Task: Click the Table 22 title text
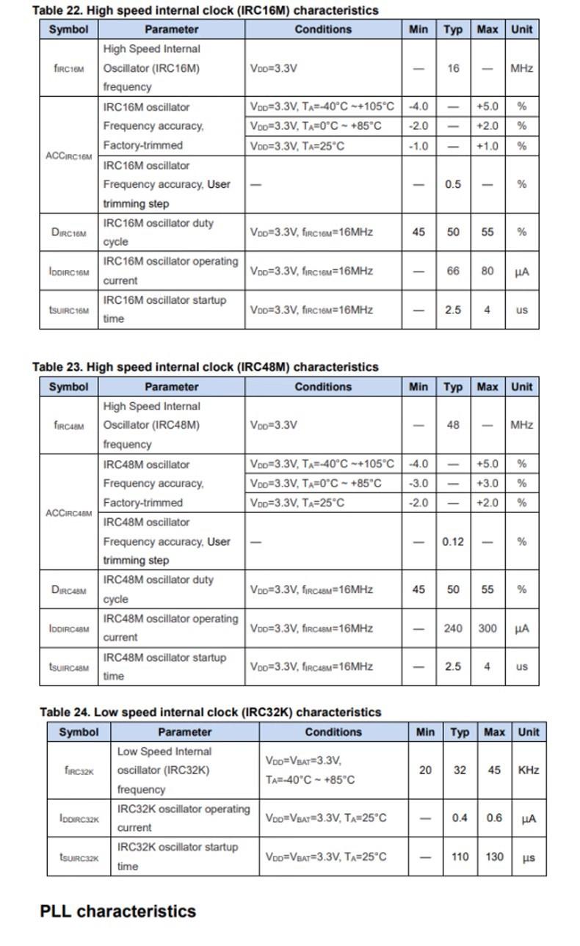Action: [x=206, y=10]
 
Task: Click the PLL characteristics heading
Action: [x=117, y=911]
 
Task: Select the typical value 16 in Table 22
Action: [x=453, y=68]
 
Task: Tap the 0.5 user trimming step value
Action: [x=453, y=184]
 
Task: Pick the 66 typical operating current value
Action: [x=453, y=271]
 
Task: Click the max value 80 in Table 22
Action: [x=487, y=271]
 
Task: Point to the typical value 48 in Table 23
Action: [x=453, y=425]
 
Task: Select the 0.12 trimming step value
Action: [x=453, y=542]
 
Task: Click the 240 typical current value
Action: [x=453, y=628]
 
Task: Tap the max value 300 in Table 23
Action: [x=487, y=628]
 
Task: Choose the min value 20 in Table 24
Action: [x=425, y=770]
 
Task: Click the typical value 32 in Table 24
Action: [x=460, y=770]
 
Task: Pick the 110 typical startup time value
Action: [x=460, y=856]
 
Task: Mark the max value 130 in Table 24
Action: [x=494, y=856]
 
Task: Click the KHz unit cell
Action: [x=529, y=770]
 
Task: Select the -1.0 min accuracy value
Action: [x=418, y=145]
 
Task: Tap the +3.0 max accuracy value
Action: [x=487, y=483]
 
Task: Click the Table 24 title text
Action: [x=211, y=712]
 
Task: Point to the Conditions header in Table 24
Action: [x=333, y=732]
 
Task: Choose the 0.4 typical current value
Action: [x=460, y=818]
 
